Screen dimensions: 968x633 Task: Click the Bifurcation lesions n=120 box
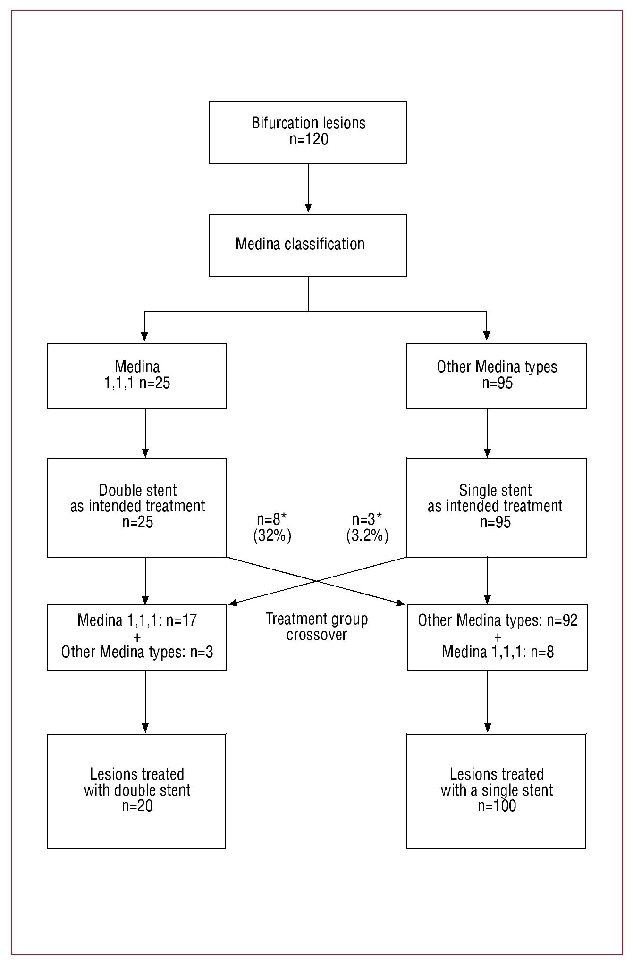(x=307, y=132)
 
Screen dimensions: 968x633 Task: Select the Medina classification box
(x=307, y=245)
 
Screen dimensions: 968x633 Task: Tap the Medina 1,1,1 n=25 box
(x=136, y=375)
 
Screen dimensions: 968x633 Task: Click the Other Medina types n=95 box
(x=496, y=375)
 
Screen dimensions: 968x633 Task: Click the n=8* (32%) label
(x=272, y=528)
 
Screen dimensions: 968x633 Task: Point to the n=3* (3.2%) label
(x=367, y=528)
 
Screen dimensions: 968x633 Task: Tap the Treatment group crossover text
(x=316, y=627)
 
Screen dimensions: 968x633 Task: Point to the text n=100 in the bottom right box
(x=497, y=806)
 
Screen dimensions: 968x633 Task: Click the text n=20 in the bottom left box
(x=137, y=806)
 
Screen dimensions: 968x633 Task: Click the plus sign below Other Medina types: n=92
(x=498, y=637)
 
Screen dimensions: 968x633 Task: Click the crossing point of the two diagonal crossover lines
(x=317, y=580)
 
